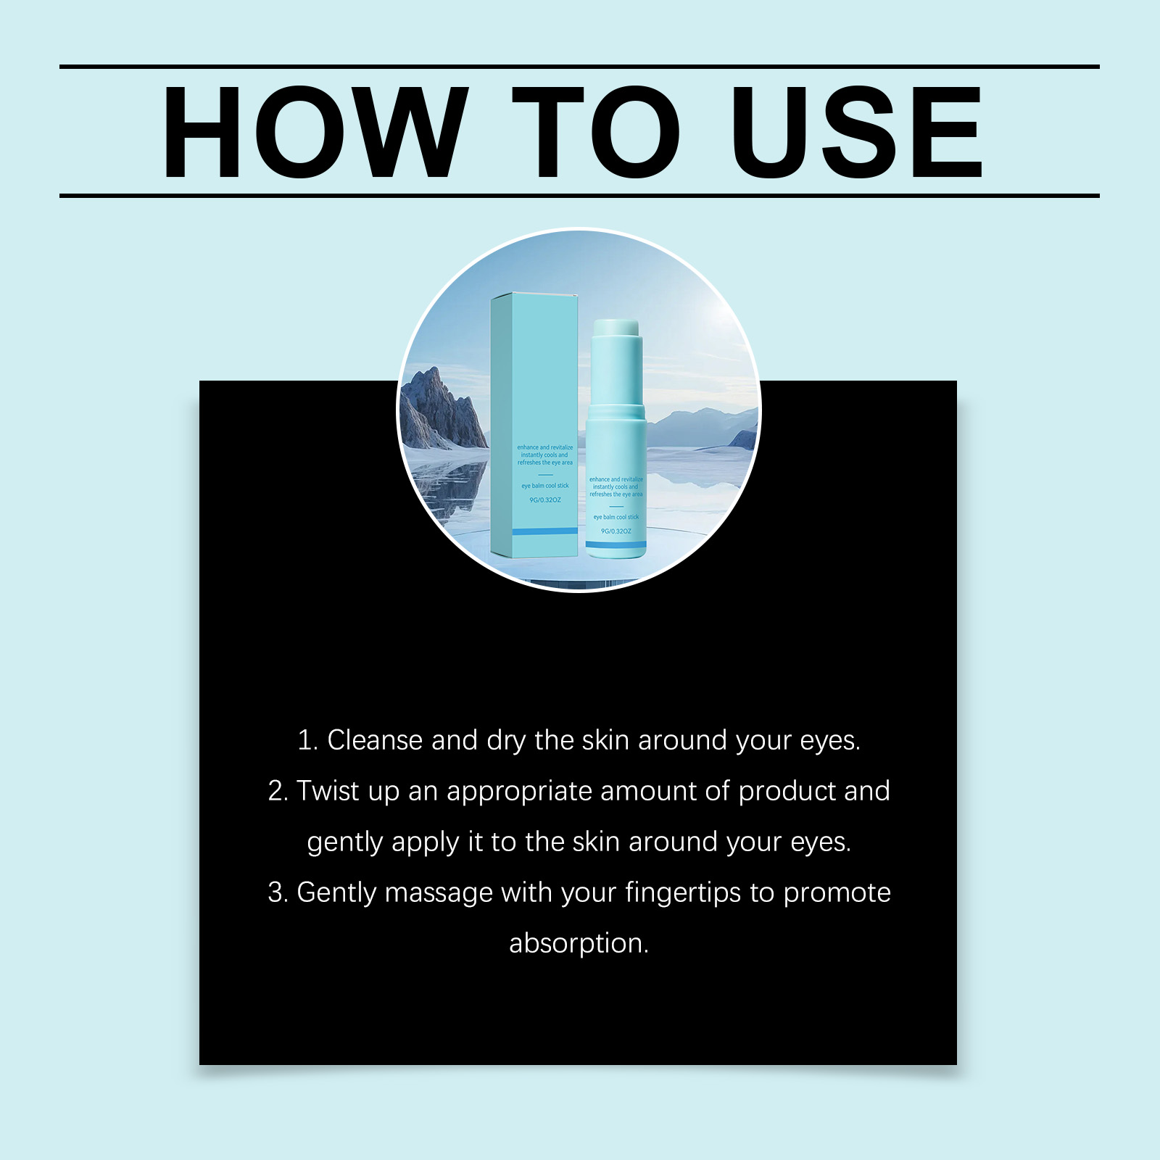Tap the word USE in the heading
point(857,132)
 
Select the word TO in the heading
point(596,132)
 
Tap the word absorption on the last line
point(579,944)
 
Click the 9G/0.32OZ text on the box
point(545,500)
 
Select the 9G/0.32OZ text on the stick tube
point(616,531)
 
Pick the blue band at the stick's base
point(616,544)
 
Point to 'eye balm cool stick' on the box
point(545,486)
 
